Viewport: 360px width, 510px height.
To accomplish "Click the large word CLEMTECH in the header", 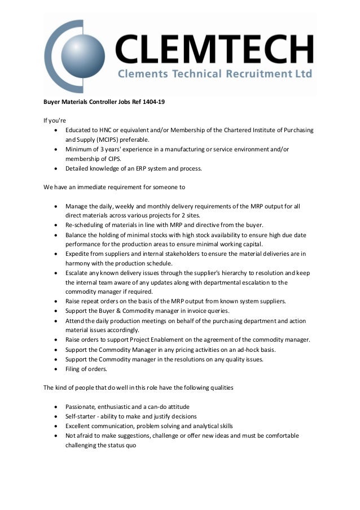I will (214, 50).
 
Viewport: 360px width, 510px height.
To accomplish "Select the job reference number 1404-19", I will (153, 102).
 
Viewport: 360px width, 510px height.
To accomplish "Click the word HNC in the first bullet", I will (106, 129).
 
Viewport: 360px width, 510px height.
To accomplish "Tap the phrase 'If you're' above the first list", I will (55, 120).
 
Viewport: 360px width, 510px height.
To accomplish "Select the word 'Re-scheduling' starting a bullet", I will (82, 225).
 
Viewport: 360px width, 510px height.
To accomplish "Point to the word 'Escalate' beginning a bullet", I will (78, 273).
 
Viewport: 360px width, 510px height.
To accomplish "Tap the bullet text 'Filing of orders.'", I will (85, 369).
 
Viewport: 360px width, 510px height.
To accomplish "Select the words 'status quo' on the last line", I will (122, 445).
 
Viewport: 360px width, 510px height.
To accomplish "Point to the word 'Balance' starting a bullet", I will (77, 234).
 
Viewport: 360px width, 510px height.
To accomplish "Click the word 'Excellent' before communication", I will (79, 426).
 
